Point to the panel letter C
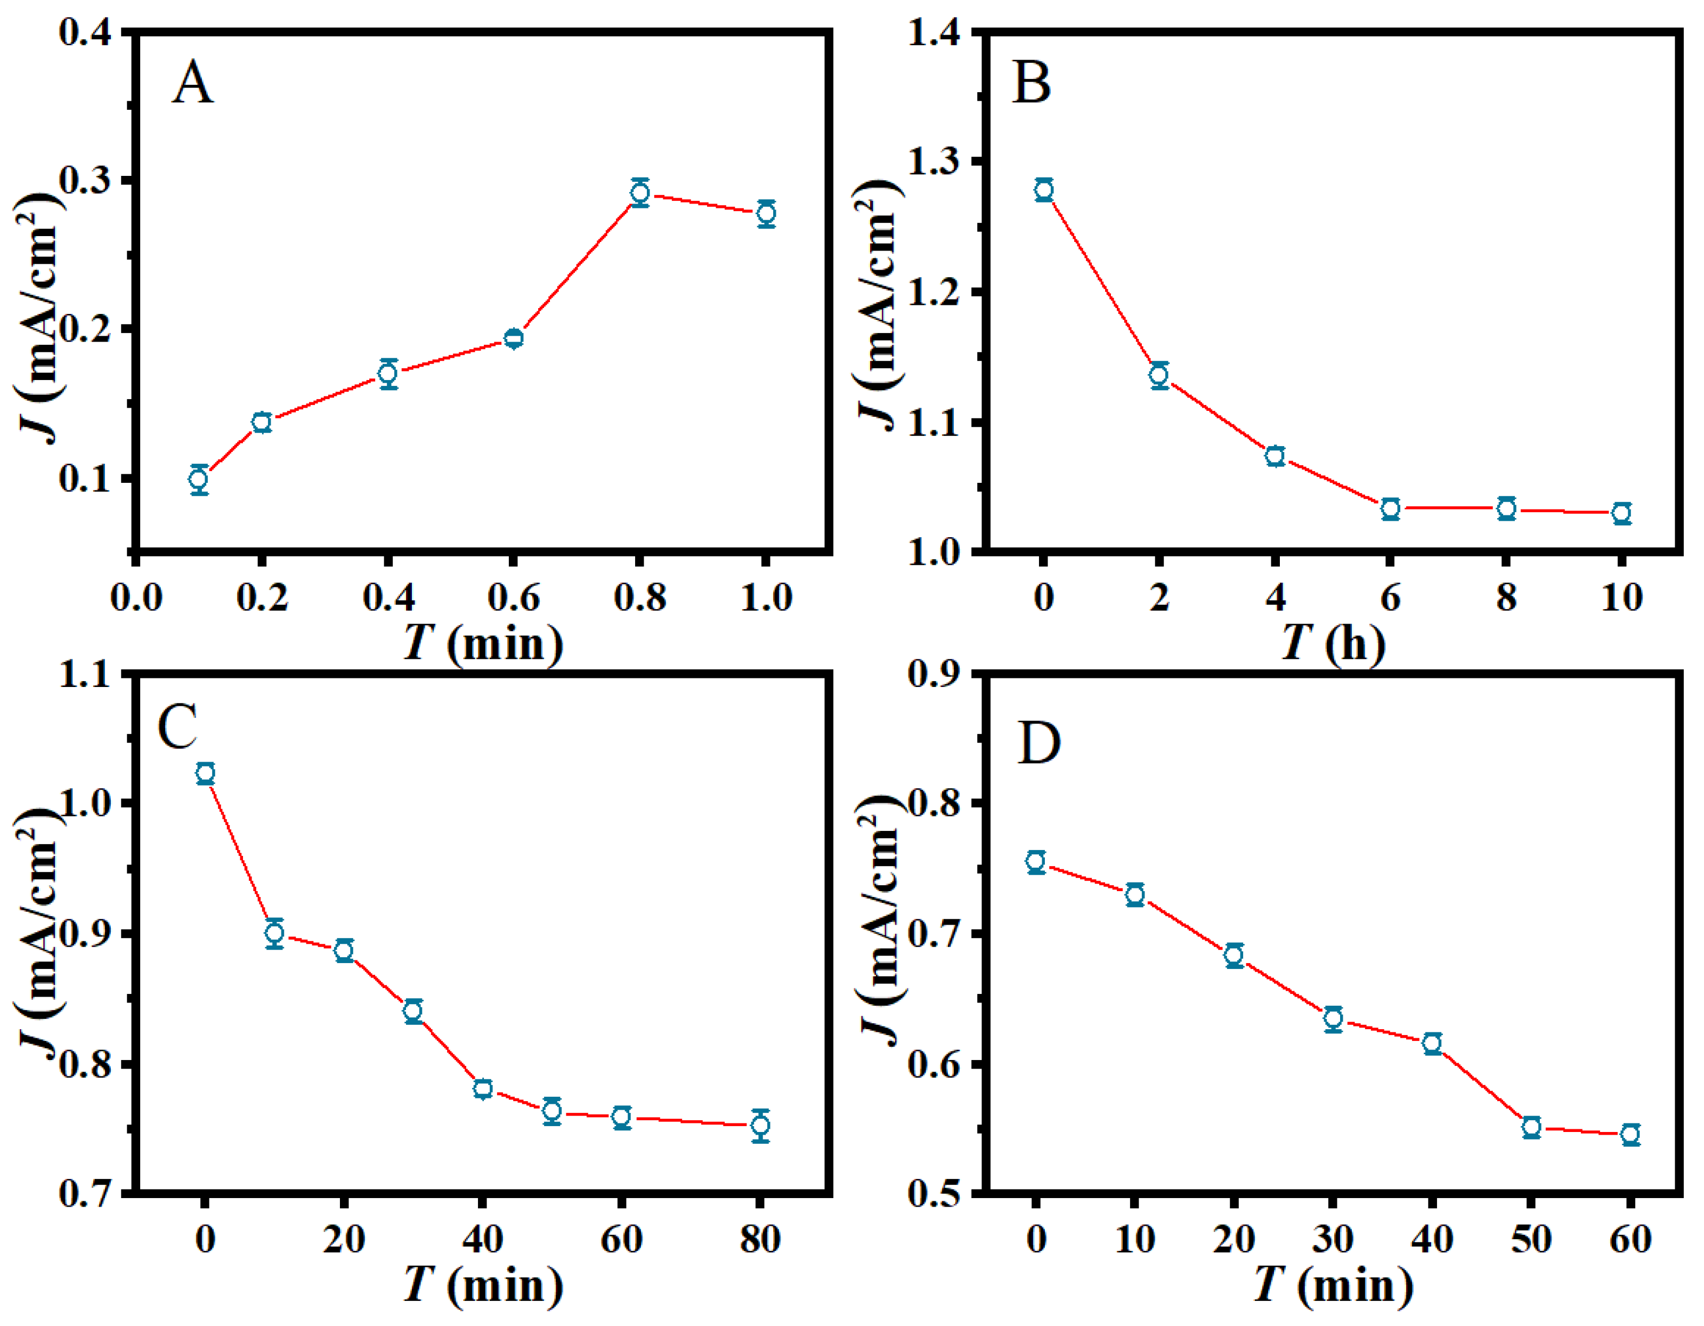(177, 726)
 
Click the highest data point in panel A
(640, 192)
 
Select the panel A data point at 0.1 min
(199, 479)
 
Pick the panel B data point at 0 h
(1044, 190)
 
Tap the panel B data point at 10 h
(1621, 513)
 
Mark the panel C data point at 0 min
(205, 773)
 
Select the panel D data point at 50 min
(1531, 1127)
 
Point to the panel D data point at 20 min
(1234, 955)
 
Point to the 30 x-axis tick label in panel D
(1333, 1239)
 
